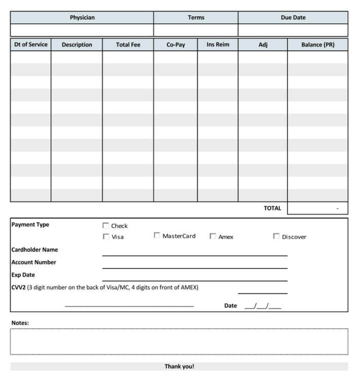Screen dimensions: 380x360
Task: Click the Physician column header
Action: pyautogui.click(x=82, y=17)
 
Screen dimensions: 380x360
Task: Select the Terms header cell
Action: pyautogui.click(x=196, y=17)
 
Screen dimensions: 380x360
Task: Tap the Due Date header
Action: pyautogui.click(x=293, y=17)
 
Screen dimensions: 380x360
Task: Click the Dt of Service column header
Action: pyautogui.click(x=30, y=45)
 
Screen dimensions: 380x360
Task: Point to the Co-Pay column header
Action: pyautogui.click(x=175, y=45)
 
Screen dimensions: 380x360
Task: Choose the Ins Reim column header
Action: pyautogui.click(x=218, y=45)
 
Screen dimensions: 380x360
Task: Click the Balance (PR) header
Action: pyautogui.click(x=318, y=45)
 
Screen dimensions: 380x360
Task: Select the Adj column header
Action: pyautogui.click(x=263, y=45)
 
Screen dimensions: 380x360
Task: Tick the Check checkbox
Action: pyautogui.click(x=105, y=225)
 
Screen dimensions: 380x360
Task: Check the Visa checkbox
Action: pyautogui.click(x=105, y=236)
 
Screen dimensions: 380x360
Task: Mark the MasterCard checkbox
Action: pyautogui.click(x=157, y=236)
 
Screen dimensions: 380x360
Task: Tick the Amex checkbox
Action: pyautogui.click(x=213, y=236)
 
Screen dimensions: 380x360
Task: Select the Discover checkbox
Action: pyautogui.click(x=276, y=236)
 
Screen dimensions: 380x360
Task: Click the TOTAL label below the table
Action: pyautogui.click(x=272, y=208)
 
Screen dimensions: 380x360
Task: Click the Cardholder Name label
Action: pyautogui.click(x=34, y=249)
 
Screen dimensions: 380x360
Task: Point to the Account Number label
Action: pyautogui.click(x=33, y=262)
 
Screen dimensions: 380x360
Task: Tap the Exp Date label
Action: pyautogui.click(x=23, y=275)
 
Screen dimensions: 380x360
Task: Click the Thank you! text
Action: pyautogui.click(x=179, y=366)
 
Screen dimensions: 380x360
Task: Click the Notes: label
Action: pyautogui.click(x=20, y=323)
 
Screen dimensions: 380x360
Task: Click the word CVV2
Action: pyautogui.click(x=18, y=287)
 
